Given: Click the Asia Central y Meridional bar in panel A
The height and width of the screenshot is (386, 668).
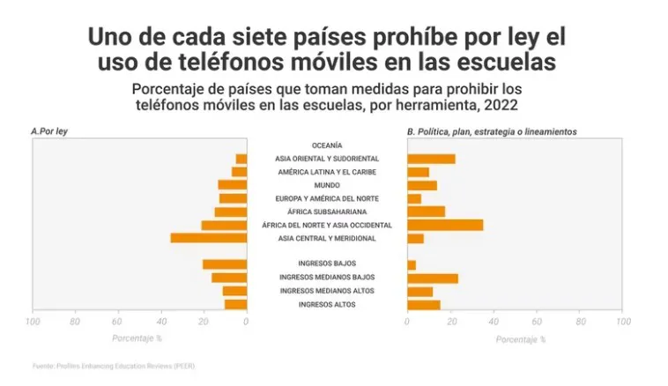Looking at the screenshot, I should tap(209, 238).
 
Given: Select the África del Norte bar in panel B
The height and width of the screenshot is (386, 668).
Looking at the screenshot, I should tap(444, 225).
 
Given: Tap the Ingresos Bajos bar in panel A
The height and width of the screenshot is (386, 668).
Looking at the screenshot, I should tap(225, 264).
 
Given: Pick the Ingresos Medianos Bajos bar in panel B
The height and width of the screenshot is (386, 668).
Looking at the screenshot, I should tap(432, 278).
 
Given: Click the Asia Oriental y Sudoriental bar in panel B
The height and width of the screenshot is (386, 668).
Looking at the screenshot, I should tap(431, 159).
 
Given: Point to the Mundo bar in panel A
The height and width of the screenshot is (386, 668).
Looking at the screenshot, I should tap(233, 185).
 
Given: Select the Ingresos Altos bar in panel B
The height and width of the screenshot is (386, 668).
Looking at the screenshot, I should tap(423, 305).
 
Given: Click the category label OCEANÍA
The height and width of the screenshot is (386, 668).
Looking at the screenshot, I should tap(326, 145).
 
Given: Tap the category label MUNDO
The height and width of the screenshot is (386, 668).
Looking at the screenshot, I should tap(326, 185).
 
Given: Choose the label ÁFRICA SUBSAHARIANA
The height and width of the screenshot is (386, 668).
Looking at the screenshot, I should tap(326, 212).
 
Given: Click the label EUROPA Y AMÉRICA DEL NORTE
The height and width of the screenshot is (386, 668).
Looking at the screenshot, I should tap(326, 198).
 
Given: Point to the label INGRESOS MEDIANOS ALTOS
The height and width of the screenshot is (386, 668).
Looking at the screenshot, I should tap(326, 291).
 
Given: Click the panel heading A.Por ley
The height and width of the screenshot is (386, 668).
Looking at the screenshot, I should tap(54, 131).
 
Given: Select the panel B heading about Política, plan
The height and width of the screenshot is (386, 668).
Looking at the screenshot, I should tap(492, 131).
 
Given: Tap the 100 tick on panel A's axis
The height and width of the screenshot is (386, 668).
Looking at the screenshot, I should tap(33, 322).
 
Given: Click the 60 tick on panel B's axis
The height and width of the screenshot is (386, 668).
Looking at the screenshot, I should tap(537, 322).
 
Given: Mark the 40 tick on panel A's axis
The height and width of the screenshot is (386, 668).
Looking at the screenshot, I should tap(161, 322).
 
